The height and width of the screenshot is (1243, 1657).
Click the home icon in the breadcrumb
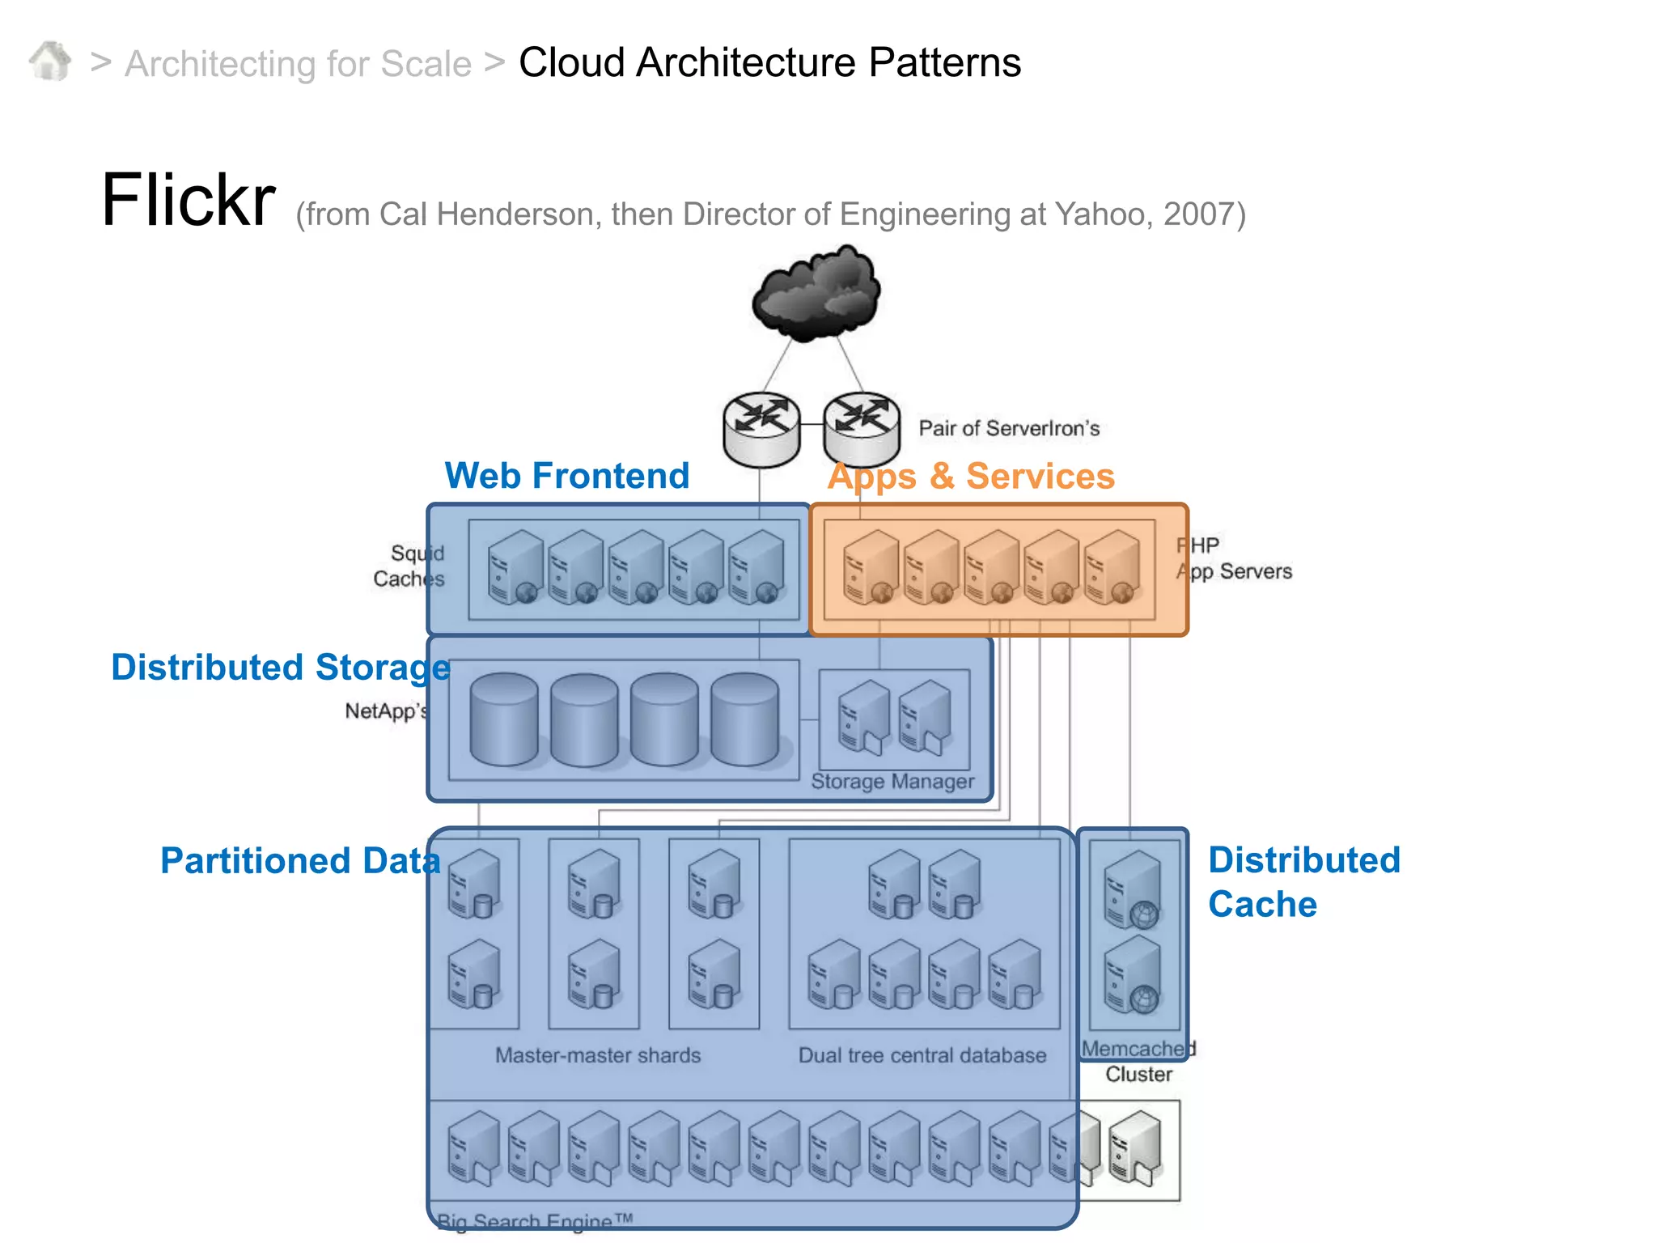[x=50, y=62]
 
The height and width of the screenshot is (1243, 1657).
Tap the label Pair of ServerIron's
[x=1008, y=428]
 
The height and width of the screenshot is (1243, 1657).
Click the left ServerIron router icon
[x=761, y=430]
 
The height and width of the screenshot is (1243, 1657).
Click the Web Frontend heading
[x=566, y=476]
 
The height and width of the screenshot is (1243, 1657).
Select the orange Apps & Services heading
[x=971, y=476]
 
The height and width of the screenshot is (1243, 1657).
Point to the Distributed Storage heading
[x=280, y=668]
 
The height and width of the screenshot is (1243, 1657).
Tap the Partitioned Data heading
[x=300, y=860]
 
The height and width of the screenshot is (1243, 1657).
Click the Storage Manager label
[x=892, y=782]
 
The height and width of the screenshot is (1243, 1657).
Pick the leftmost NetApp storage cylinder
[x=503, y=719]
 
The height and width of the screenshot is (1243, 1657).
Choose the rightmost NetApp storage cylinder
[x=744, y=719]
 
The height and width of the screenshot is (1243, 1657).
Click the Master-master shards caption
[x=597, y=1055]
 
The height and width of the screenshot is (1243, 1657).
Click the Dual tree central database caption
[x=922, y=1055]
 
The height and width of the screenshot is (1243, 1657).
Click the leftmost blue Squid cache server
[x=515, y=567]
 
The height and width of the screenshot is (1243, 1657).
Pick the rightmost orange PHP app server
[x=1112, y=567]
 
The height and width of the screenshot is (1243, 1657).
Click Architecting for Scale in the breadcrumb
[x=298, y=64]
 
